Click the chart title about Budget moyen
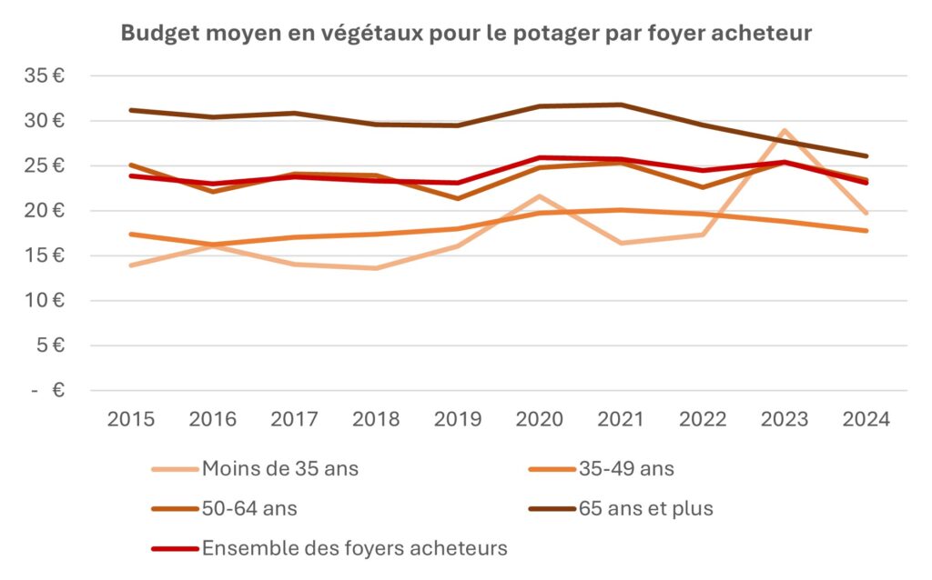coord(466,34)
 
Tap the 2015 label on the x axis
coord(131,419)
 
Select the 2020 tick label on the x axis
coord(540,419)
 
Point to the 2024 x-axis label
coord(866,419)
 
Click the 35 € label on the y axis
coord(45,76)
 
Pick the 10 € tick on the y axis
coord(45,301)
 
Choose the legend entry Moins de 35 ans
coord(280,469)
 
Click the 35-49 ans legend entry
coord(626,469)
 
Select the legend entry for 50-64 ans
coord(249,509)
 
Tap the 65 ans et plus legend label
coord(645,509)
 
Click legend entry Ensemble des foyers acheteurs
coord(354,548)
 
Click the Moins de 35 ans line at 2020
coord(540,196)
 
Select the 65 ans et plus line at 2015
coord(132,110)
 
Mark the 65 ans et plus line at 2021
coord(621,105)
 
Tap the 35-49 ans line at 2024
coord(866,231)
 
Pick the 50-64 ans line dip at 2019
coord(458,198)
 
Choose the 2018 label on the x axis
coord(376,419)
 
